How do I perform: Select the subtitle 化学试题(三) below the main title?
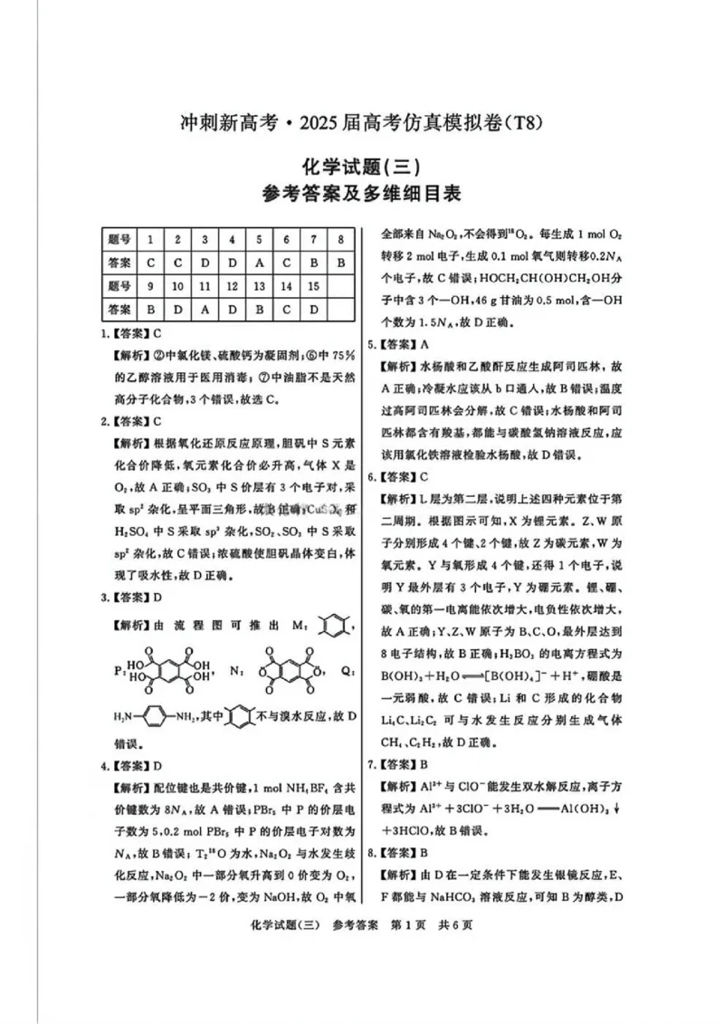pos(361,166)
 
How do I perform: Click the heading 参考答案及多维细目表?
pos(361,194)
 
